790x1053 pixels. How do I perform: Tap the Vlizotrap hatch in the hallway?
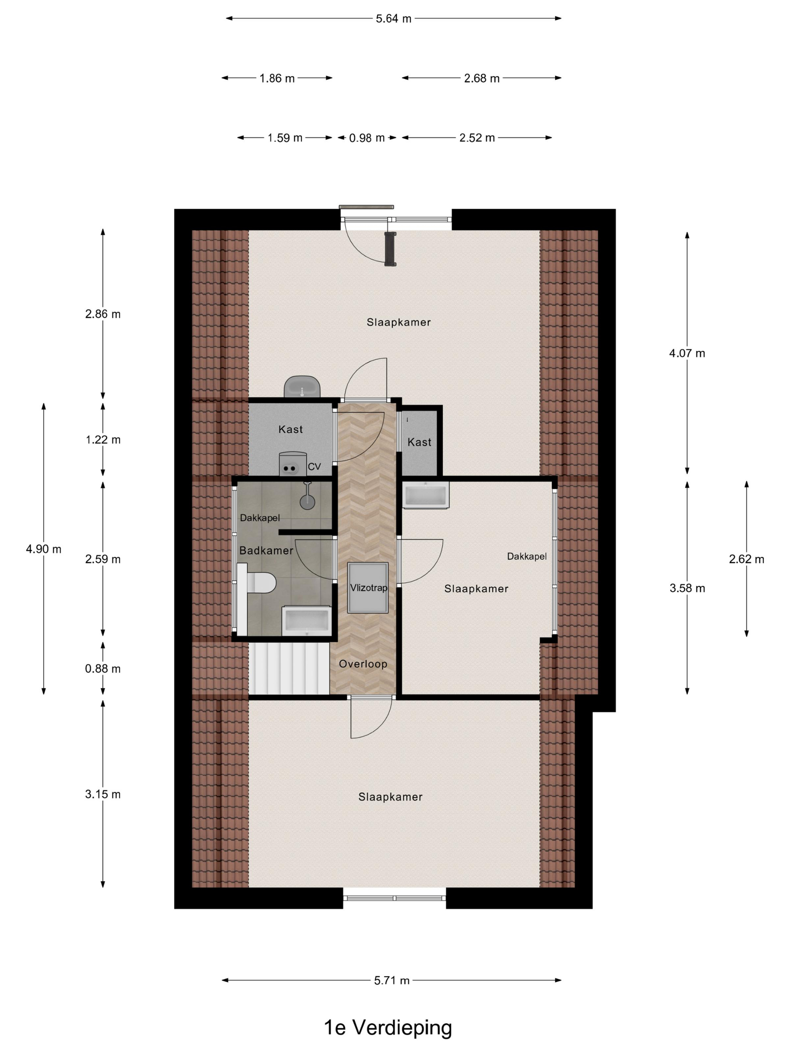[368, 587]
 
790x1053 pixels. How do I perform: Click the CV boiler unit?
[292, 464]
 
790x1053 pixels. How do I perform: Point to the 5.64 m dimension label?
[393, 18]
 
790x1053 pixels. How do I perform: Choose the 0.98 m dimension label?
[367, 138]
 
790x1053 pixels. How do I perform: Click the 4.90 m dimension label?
[44, 549]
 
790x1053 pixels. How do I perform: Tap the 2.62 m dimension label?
[746, 559]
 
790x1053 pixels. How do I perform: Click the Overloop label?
[363, 664]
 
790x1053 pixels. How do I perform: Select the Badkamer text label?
[266, 551]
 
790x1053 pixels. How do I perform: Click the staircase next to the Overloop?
[289, 668]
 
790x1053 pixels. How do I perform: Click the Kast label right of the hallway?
[419, 442]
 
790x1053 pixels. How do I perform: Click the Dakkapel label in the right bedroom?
[527, 557]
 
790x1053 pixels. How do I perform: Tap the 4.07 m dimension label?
[687, 353]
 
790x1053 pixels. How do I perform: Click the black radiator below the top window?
[390, 249]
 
